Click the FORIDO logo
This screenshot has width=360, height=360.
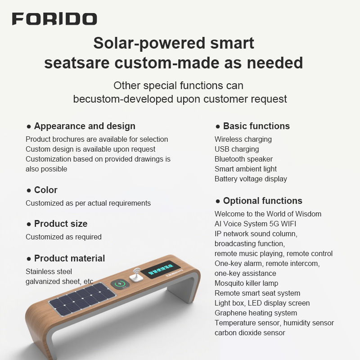coord(54,19)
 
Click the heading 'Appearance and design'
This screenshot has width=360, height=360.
coord(85,126)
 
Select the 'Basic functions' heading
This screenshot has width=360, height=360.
coord(256,126)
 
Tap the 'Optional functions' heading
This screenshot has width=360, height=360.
coord(262,201)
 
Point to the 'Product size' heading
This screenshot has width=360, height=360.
coord(61,224)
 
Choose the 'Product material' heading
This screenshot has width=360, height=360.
coord(69,258)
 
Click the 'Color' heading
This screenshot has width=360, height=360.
coord(45,190)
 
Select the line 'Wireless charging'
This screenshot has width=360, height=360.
coord(243,139)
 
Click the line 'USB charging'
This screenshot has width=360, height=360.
coord(237,149)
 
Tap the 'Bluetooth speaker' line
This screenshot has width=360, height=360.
coord(243,159)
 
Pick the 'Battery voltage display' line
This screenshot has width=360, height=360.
coord(251,179)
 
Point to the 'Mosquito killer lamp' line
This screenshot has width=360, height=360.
coord(246,283)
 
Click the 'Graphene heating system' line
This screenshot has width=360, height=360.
coord(256,313)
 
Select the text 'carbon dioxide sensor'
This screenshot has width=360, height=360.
coord(250,333)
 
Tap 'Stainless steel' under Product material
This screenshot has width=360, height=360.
coord(49,271)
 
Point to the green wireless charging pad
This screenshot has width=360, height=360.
coord(120,284)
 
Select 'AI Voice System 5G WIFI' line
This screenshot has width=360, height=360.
coord(255,224)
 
